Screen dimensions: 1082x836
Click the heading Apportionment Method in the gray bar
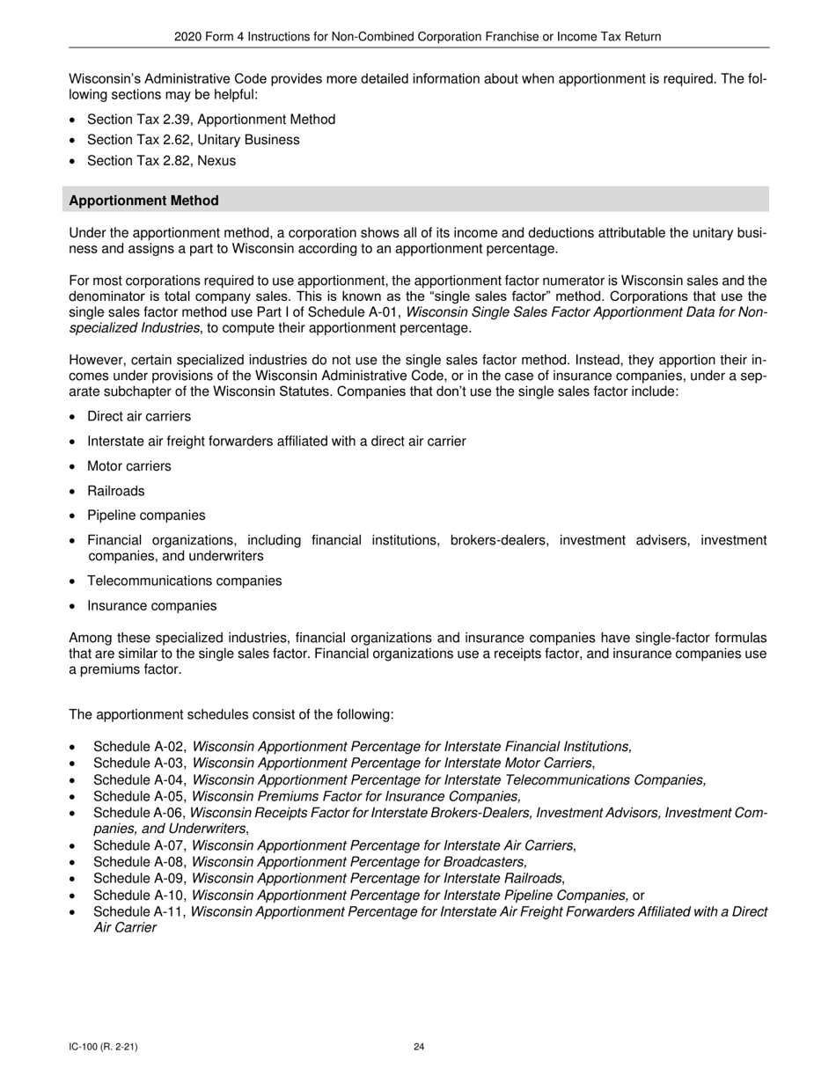pyautogui.click(x=143, y=201)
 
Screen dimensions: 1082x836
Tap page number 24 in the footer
pyautogui.click(x=419, y=1047)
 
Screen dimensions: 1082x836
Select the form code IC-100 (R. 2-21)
pyautogui.click(x=103, y=1047)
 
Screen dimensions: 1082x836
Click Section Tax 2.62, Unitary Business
pyautogui.click(x=193, y=140)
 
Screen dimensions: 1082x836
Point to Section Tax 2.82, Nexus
pyautogui.click(x=161, y=161)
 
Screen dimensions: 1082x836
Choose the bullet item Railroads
pyautogui.click(x=115, y=491)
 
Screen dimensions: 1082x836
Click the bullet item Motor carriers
pyautogui.click(x=128, y=466)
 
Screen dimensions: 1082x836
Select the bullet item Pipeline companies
pyautogui.click(x=145, y=515)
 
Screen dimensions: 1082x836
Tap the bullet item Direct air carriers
pyautogui.click(x=138, y=416)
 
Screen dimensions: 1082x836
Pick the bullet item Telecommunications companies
pyautogui.click(x=184, y=581)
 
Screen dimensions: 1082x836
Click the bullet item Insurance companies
pyautogui.click(x=151, y=605)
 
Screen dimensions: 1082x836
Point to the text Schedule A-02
pyautogui.click(x=139, y=747)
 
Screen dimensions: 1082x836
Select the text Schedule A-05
pyautogui.click(x=139, y=796)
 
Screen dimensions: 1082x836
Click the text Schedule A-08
pyautogui.click(x=139, y=862)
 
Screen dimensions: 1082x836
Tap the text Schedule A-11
pyautogui.click(x=139, y=911)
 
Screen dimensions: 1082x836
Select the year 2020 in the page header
pyautogui.click(x=188, y=37)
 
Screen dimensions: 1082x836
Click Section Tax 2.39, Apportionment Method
pyautogui.click(x=210, y=119)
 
